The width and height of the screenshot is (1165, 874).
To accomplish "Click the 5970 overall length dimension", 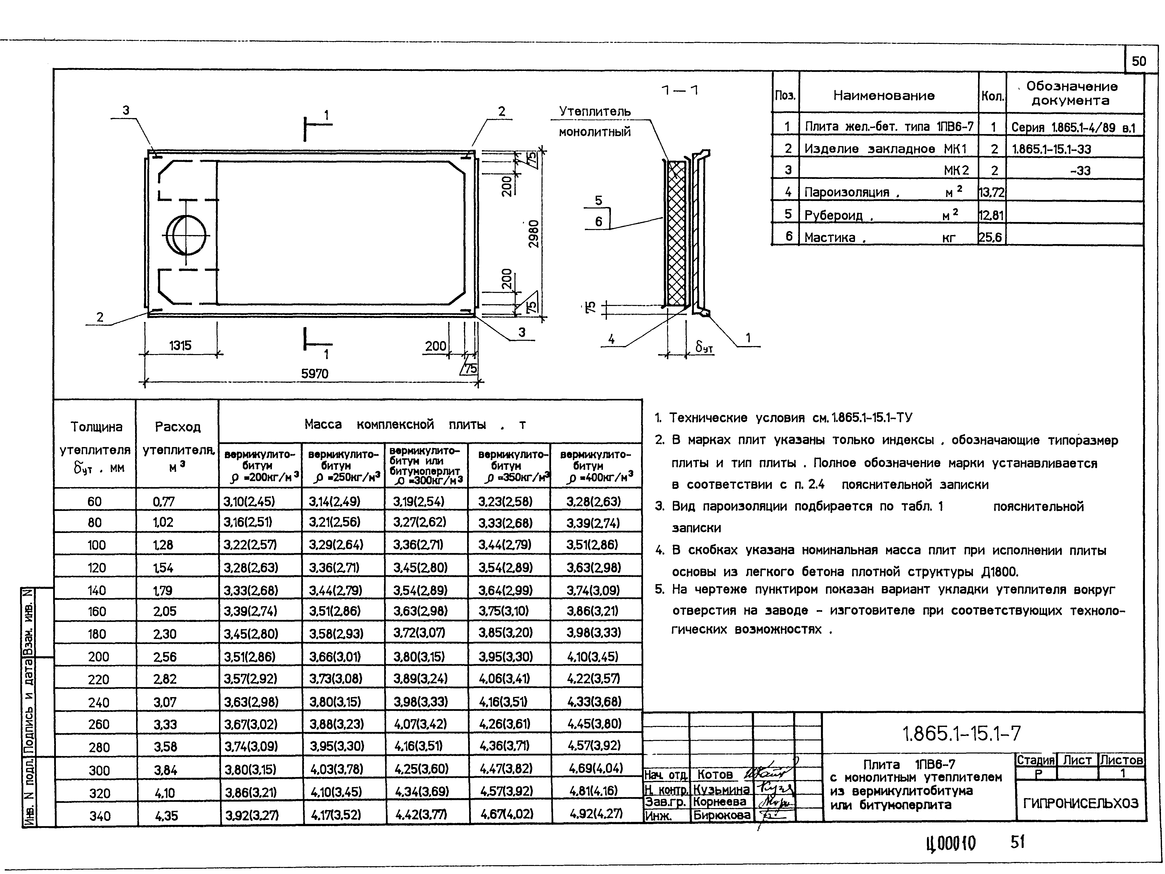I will [314, 374].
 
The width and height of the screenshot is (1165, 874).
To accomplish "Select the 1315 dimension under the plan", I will [180, 346].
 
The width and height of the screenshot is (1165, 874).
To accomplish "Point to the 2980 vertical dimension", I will [534, 234].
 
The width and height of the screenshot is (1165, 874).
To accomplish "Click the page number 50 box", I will [1139, 61].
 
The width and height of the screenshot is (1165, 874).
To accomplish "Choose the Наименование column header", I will [884, 95].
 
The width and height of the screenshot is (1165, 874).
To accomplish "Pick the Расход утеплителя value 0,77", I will [163, 502].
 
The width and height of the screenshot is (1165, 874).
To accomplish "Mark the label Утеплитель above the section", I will [595, 112].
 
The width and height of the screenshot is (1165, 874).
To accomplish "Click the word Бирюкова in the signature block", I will [721, 815].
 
